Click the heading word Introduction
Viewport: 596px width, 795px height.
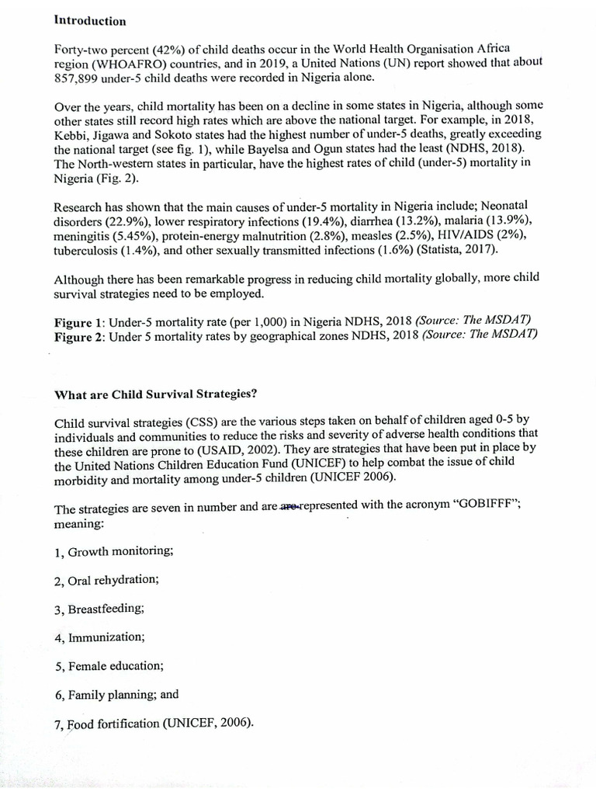(x=90, y=20)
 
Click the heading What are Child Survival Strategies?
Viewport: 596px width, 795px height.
(x=155, y=394)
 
